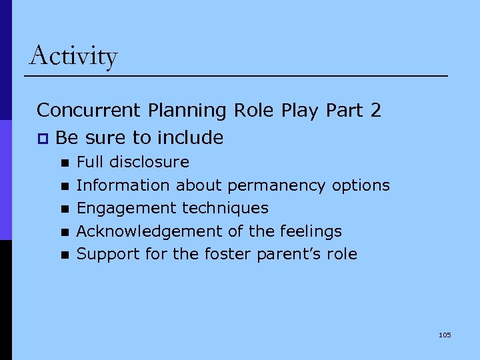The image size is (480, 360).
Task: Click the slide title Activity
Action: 73,56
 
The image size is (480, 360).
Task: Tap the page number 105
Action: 445,335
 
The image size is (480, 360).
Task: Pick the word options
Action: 360,185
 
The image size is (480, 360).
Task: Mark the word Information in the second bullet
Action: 116,185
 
